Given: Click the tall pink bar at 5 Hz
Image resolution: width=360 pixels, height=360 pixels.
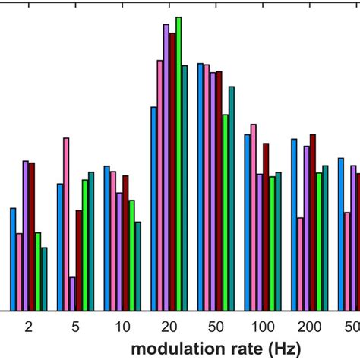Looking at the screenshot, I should [x=66, y=224].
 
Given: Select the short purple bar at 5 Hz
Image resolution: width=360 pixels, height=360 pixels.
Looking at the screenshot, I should [x=73, y=294].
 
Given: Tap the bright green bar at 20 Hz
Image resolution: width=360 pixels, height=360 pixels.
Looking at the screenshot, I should [x=178, y=163].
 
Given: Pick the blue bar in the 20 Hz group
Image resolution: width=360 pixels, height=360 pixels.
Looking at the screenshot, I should [x=153, y=209].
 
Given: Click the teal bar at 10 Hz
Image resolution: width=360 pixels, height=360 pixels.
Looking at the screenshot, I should [x=137, y=266].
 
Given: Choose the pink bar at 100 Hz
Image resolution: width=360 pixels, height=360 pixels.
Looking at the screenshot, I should [x=254, y=217].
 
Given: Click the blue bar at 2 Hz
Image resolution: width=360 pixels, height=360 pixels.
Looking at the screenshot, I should [x=13, y=259].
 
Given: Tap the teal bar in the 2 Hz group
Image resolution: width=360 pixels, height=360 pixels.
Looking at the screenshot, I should [x=44, y=279].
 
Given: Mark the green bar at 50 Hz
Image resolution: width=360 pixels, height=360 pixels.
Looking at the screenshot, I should [x=226, y=213].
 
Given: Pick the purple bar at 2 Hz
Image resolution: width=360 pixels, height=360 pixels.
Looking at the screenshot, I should [x=25, y=235].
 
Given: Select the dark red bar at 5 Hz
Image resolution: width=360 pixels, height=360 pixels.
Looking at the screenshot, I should [x=79, y=261].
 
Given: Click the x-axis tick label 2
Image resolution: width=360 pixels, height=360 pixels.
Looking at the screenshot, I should [x=28, y=326].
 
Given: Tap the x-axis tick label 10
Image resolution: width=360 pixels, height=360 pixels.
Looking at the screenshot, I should [x=122, y=326].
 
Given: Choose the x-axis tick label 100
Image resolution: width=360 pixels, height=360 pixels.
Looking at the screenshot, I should [x=263, y=326].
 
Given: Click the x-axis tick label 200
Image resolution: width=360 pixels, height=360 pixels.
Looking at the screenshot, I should [x=309, y=326].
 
